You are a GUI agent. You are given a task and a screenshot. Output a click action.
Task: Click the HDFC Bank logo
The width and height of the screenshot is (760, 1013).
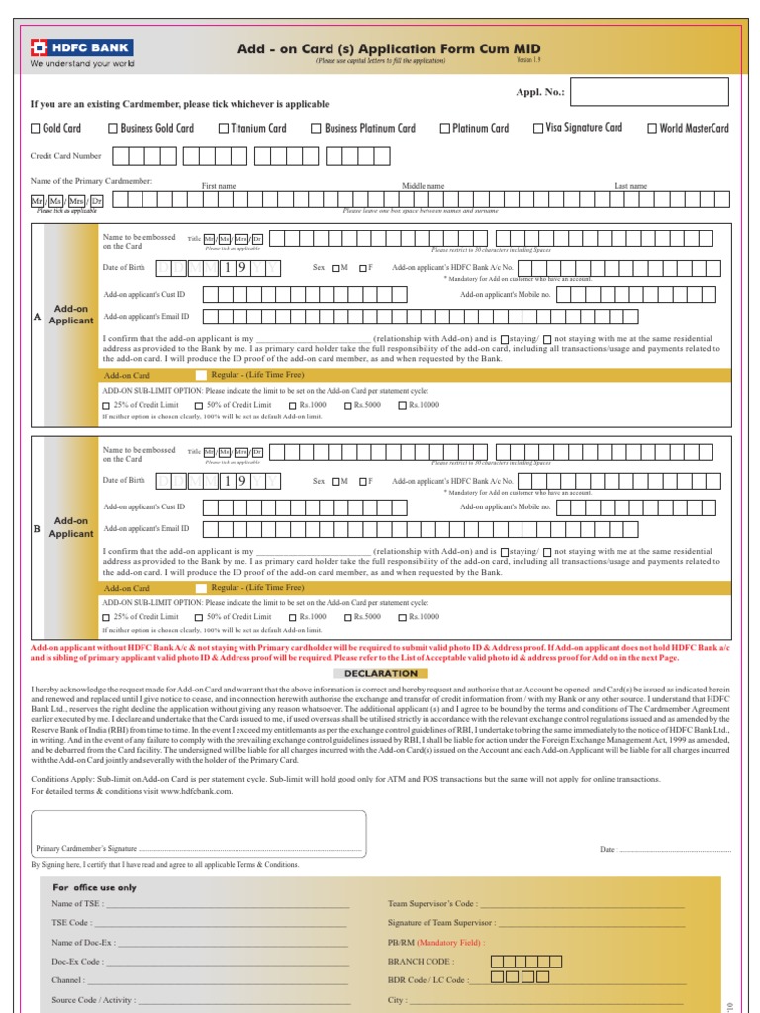pos(82,47)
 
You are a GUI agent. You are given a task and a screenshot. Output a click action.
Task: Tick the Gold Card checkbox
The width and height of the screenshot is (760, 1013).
pos(37,129)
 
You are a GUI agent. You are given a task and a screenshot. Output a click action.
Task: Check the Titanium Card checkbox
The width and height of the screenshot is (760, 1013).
pos(224,129)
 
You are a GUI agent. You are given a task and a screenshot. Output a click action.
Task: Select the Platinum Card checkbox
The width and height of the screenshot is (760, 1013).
pos(444,129)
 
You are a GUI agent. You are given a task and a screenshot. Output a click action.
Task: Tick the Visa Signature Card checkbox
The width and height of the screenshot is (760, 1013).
pos(538,128)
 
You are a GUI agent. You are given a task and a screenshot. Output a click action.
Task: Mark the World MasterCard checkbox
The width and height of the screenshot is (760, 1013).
pos(652,129)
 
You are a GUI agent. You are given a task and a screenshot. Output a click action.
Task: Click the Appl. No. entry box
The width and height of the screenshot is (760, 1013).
pos(649,92)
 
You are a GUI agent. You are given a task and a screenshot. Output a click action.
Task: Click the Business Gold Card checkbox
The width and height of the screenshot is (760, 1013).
pos(113,129)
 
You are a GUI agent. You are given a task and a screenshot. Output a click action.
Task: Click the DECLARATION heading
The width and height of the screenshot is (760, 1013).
pos(381,673)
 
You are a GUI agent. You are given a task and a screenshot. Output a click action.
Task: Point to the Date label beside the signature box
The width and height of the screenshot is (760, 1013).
pos(608,849)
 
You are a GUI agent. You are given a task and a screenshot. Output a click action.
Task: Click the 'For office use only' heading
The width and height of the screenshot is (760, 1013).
pos(94,888)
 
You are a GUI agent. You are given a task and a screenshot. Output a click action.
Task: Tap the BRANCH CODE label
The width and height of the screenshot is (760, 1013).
pos(421,961)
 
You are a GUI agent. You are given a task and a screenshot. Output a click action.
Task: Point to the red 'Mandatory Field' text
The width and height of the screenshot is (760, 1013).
pos(450,943)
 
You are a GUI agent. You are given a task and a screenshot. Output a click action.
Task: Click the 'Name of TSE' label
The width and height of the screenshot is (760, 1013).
pos(76,904)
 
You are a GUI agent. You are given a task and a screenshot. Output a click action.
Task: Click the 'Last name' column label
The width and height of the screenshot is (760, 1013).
pos(630,186)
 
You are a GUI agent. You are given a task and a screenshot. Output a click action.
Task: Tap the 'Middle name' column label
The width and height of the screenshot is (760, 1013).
pos(423,186)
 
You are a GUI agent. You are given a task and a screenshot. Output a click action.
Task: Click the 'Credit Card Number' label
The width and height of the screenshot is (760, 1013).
pos(66,156)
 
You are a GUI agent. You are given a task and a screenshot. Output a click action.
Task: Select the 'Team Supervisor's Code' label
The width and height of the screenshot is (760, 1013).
pos(433,904)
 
